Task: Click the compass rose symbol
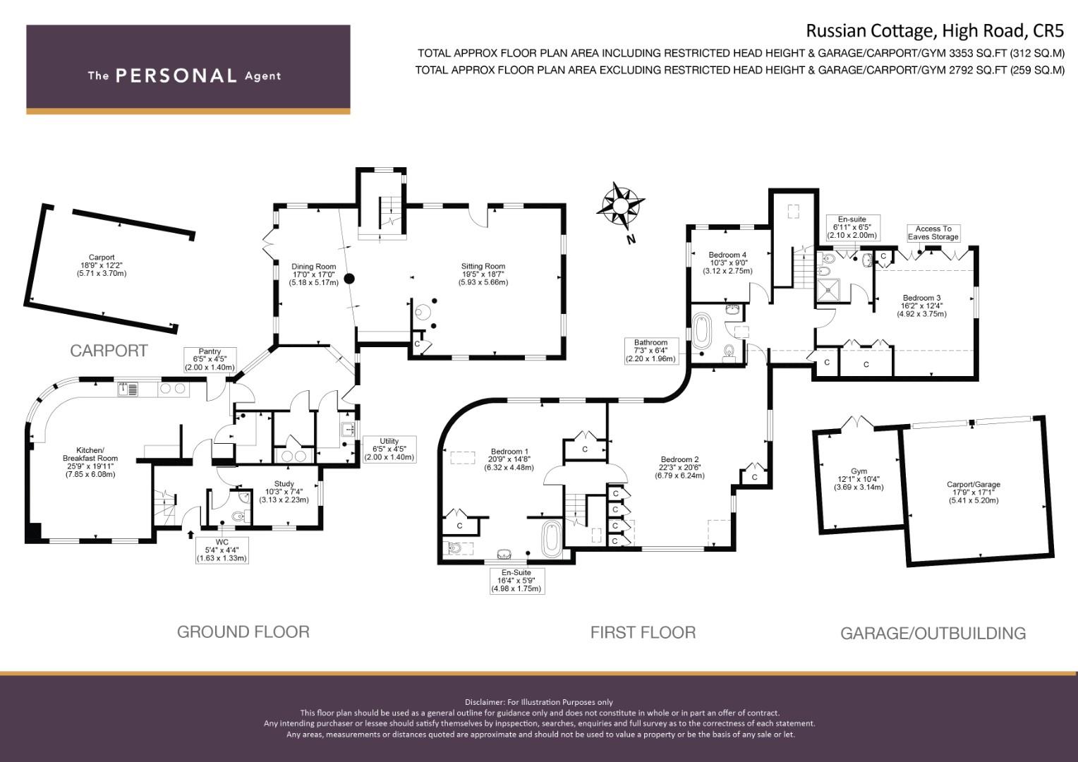(x=620, y=205)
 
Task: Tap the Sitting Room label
(x=483, y=274)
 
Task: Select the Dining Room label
(x=314, y=274)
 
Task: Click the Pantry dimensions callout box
(x=210, y=360)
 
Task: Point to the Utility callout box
(x=389, y=449)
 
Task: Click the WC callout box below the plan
(x=222, y=550)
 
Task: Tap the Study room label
(x=284, y=492)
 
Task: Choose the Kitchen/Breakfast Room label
(x=90, y=462)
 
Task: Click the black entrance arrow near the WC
(x=190, y=534)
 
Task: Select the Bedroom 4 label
(x=727, y=263)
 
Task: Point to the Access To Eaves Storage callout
(x=933, y=233)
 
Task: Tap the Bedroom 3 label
(x=921, y=306)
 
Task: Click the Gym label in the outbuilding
(x=859, y=479)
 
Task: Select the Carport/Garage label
(x=974, y=492)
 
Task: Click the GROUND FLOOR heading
(x=243, y=632)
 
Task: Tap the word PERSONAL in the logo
(x=176, y=75)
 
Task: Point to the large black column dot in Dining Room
(x=349, y=278)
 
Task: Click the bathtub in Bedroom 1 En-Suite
(x=552, y=539)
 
